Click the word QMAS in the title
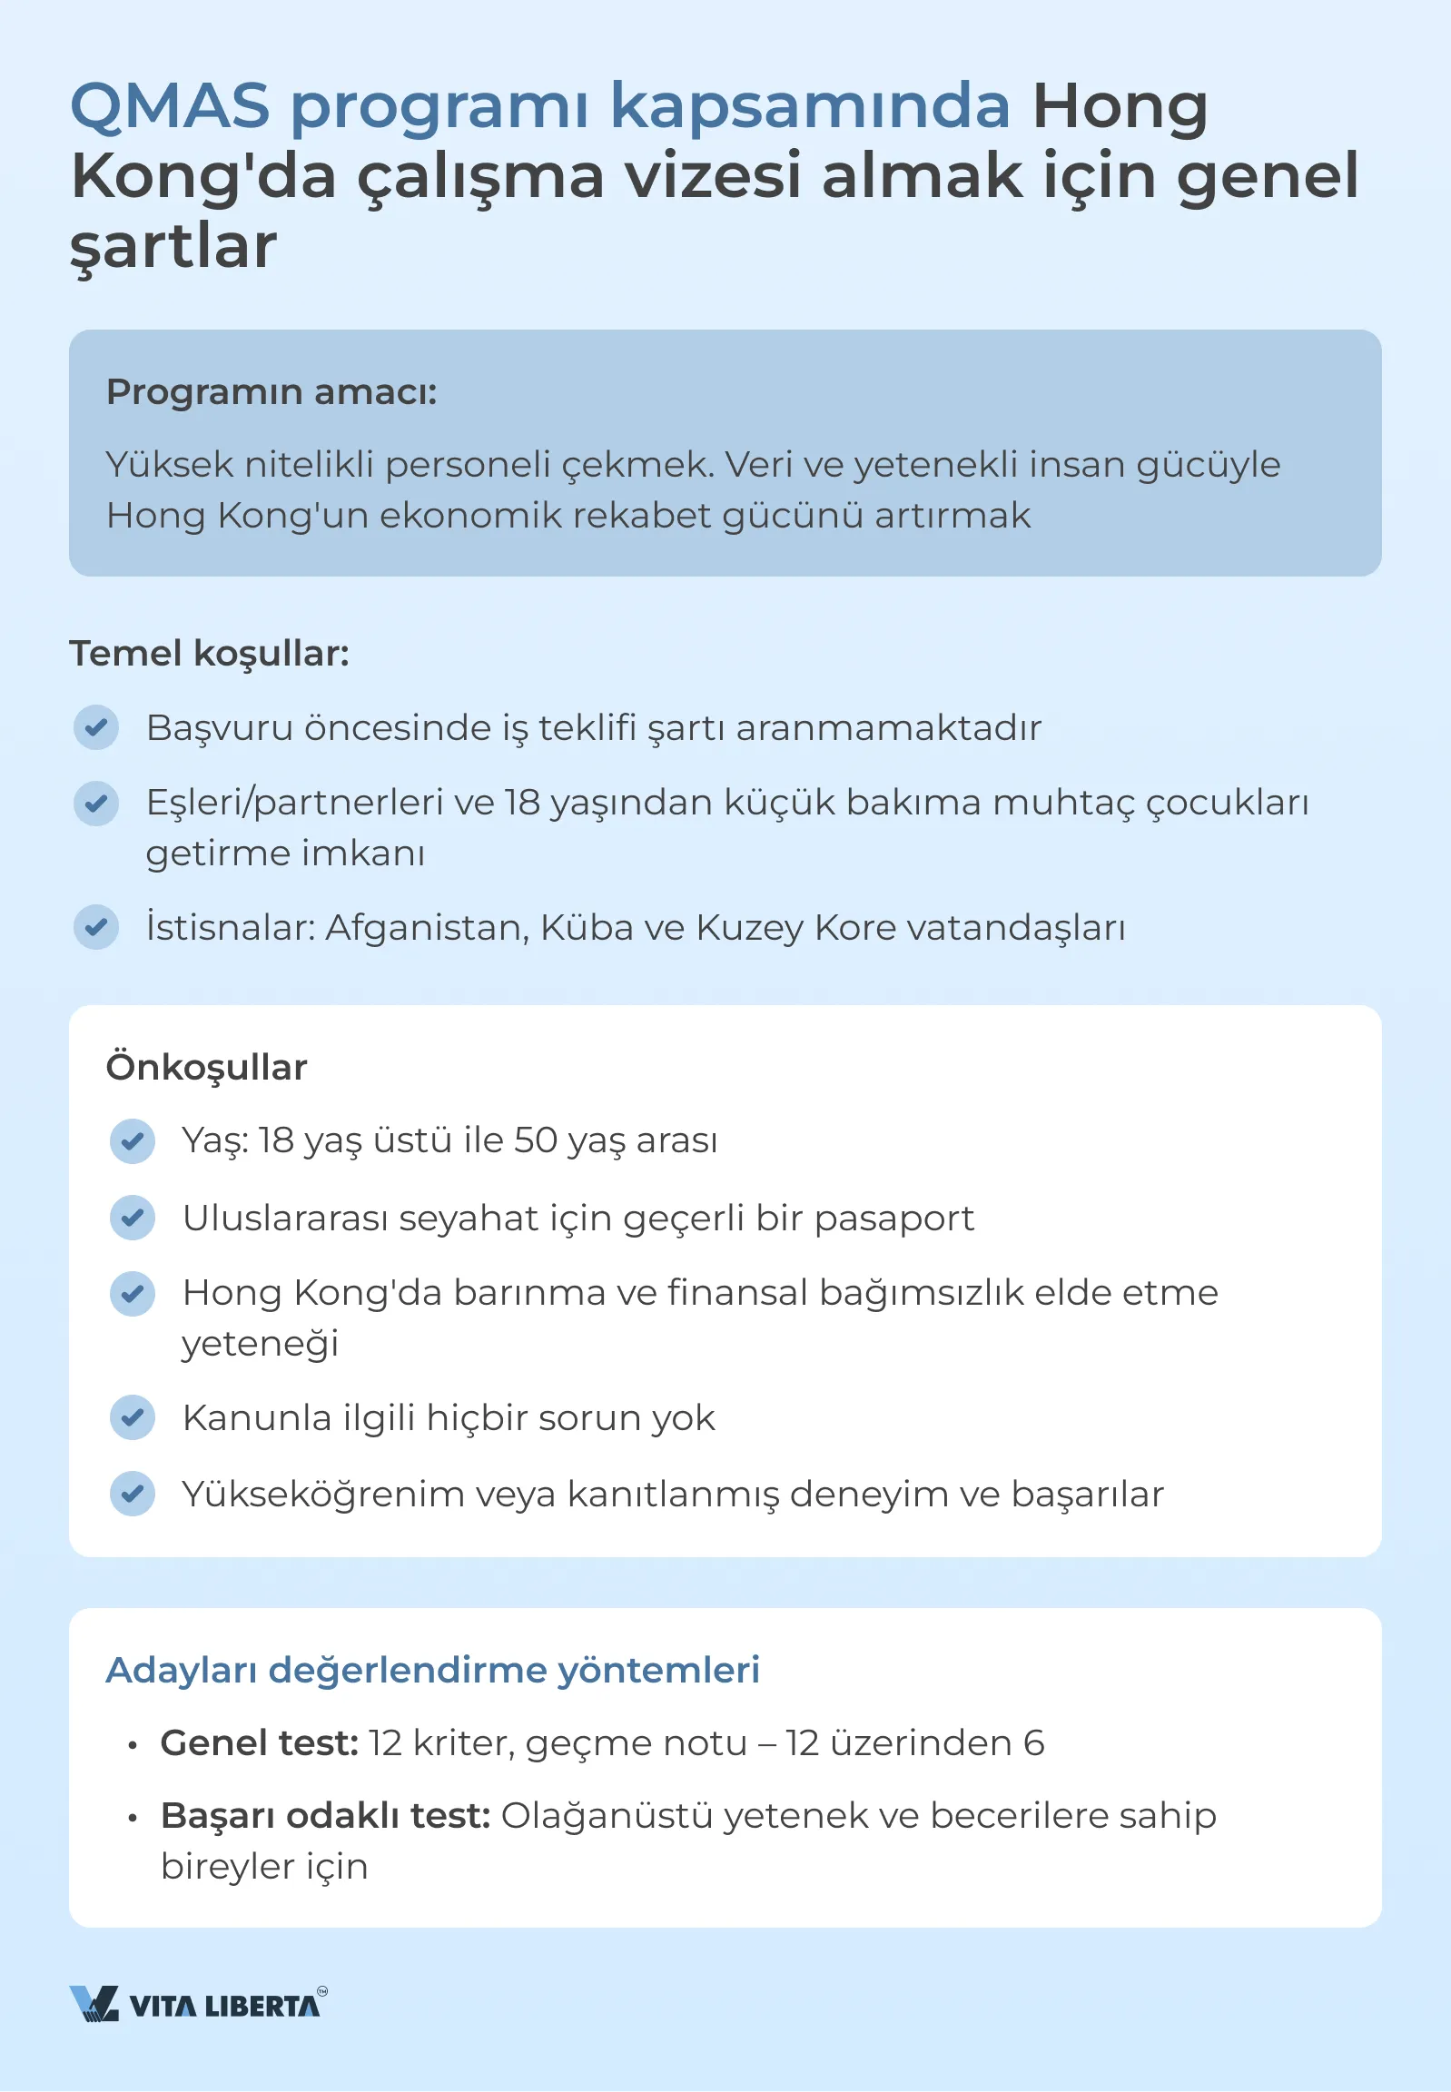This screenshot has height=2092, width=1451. (170, 106)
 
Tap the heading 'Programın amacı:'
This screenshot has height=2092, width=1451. (271, 392)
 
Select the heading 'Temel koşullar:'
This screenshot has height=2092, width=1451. (209, 654)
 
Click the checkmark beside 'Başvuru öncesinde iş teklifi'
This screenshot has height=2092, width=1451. (96, 727)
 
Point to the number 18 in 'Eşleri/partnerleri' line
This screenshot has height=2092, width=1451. (523, 803)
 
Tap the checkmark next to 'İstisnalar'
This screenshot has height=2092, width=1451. (96, 927)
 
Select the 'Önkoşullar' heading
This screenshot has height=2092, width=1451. (206, 1068)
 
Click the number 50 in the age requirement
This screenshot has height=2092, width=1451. (536, 1141)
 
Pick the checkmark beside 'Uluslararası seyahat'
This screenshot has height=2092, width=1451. (133, 1218)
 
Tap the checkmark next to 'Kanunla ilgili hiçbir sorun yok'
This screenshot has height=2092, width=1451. (133, 1416)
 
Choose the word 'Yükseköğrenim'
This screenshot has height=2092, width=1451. (322, 1494)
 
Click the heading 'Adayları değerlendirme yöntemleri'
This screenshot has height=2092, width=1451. (433, 1670)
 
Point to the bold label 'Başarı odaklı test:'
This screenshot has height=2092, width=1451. (325, 1816)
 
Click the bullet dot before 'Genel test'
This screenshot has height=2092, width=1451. (133, 1746)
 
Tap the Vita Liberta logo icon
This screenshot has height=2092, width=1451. (94, 2003)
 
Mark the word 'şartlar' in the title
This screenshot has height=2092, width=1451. (173, 246)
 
